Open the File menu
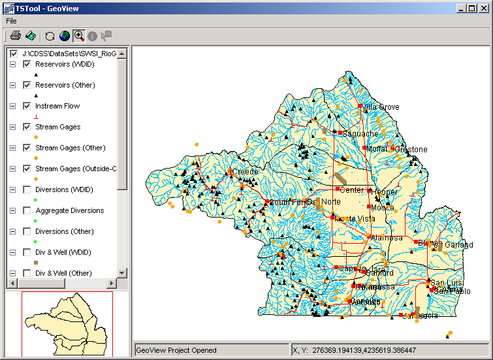(11, 21)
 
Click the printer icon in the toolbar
(15, 35)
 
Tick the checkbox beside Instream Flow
(27, 106)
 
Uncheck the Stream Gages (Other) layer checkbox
(27, 148)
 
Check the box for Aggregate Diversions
(27, 210)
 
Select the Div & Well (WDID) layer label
(63, 252)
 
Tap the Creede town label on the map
(246, 172)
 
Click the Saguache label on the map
(360, 134)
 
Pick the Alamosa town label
(387, 238)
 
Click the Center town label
(351, 190)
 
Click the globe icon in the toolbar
(64, 35)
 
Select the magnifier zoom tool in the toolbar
(79, 35)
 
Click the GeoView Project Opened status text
(176, 350)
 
